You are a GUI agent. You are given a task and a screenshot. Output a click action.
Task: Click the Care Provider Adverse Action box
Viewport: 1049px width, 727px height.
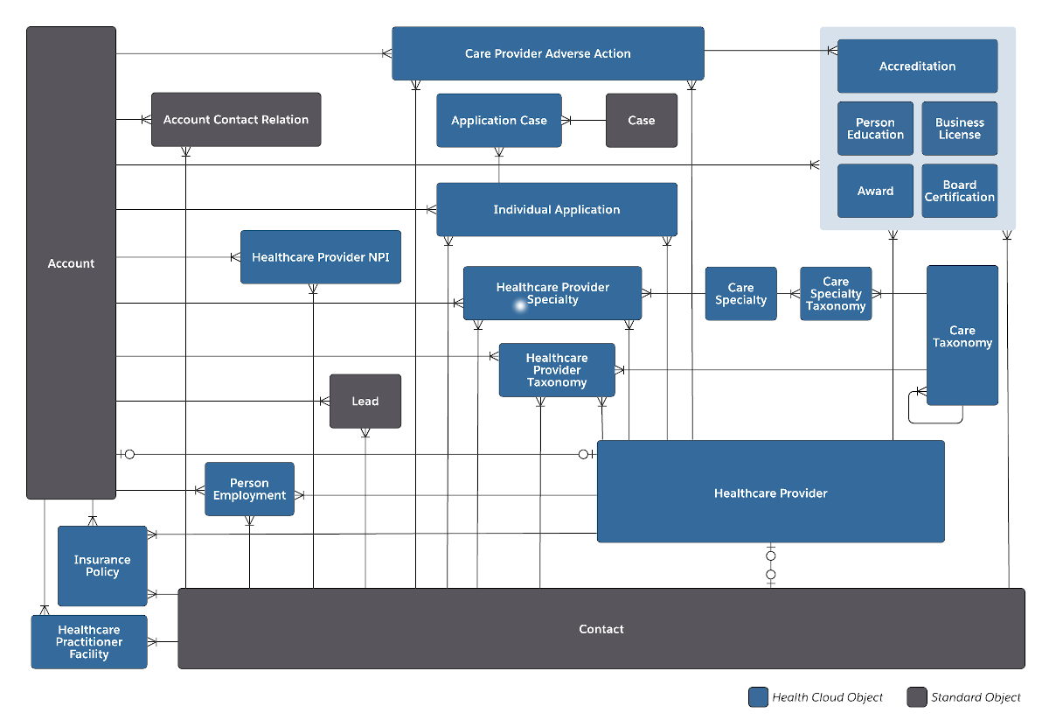[x=547, y=53]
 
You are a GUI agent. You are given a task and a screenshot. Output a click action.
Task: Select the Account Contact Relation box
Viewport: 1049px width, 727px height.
[x=236, y=120]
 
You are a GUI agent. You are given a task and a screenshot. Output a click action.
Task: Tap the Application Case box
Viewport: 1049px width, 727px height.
[x=498, y=121]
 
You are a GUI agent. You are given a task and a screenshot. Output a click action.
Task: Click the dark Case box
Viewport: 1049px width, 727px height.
[x=641, y=121]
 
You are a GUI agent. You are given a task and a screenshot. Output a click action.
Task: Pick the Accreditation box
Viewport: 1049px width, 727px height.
[x=917, y=66]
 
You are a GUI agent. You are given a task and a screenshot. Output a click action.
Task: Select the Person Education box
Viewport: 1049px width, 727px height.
[x=875, y=129]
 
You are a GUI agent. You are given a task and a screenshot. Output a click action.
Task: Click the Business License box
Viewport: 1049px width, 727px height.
[x=959, y=129]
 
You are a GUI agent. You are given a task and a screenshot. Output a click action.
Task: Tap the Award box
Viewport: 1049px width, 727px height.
[x=875, y=191]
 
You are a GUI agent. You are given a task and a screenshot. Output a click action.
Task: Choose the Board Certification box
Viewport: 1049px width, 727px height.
[x=959, y=191]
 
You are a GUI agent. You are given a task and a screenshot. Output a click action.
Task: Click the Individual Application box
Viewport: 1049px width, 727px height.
[x=556, y=209]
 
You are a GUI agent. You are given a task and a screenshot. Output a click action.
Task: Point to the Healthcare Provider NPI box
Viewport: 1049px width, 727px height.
[x=321, y=257]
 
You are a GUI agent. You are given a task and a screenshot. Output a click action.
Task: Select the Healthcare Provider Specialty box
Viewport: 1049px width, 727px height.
[x=552, y=293]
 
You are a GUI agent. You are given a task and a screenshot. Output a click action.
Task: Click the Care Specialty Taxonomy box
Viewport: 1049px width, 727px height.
[x=836, y=294]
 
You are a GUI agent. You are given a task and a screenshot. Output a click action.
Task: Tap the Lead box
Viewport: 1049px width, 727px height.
[x=365, y=402]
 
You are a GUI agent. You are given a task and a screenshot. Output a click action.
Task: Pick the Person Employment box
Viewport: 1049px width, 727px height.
[x=249, y=489]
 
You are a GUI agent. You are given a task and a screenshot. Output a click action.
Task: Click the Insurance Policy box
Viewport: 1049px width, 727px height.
[x=102, y=566]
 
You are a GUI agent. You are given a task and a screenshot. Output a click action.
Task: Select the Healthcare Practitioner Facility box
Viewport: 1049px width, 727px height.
[x=89, y=642]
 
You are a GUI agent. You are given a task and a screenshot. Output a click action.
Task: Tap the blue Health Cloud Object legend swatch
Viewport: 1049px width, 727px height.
[x=758, y=697]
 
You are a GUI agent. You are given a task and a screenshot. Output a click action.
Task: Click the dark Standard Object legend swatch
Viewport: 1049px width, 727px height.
[x=916, y=697]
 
